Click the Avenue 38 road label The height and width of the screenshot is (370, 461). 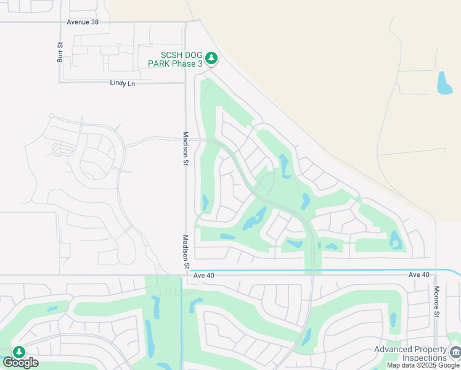[83, 22]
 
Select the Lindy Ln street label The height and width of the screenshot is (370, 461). [122, 83]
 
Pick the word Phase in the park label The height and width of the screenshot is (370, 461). [181, 64]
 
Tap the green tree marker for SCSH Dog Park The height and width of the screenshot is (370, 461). [212, 59]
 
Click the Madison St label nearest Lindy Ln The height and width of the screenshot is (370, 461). [186, 148]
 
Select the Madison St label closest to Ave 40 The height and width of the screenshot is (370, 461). [186, 252]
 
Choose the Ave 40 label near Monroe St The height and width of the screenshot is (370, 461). [418, 274]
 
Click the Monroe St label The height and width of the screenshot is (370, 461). [436, 302]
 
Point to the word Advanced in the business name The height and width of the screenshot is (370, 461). [392, 350]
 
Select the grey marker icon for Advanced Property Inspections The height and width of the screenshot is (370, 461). [455, 353]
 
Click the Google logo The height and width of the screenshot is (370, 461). [20, 363]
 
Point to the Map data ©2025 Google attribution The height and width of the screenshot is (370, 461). [423, 366]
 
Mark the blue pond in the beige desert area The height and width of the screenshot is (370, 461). [444, 83]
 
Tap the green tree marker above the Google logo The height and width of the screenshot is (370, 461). [19, 351]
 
